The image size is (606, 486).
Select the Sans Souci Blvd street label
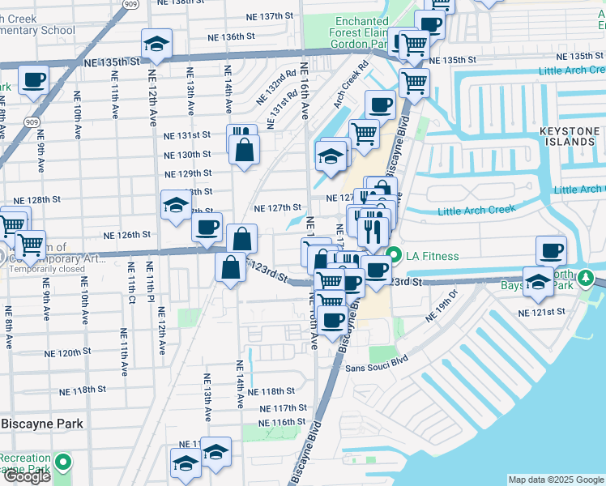(377, 367)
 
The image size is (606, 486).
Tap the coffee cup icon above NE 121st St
(551, 250)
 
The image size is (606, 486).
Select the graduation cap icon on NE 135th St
(157, 44)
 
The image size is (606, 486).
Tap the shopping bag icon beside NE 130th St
(244, 150)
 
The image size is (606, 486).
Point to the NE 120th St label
(68, 353)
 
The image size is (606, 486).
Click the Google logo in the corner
(26, 475)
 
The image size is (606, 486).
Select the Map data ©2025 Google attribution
(556, 480)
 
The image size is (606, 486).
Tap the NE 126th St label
(127, 235)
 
